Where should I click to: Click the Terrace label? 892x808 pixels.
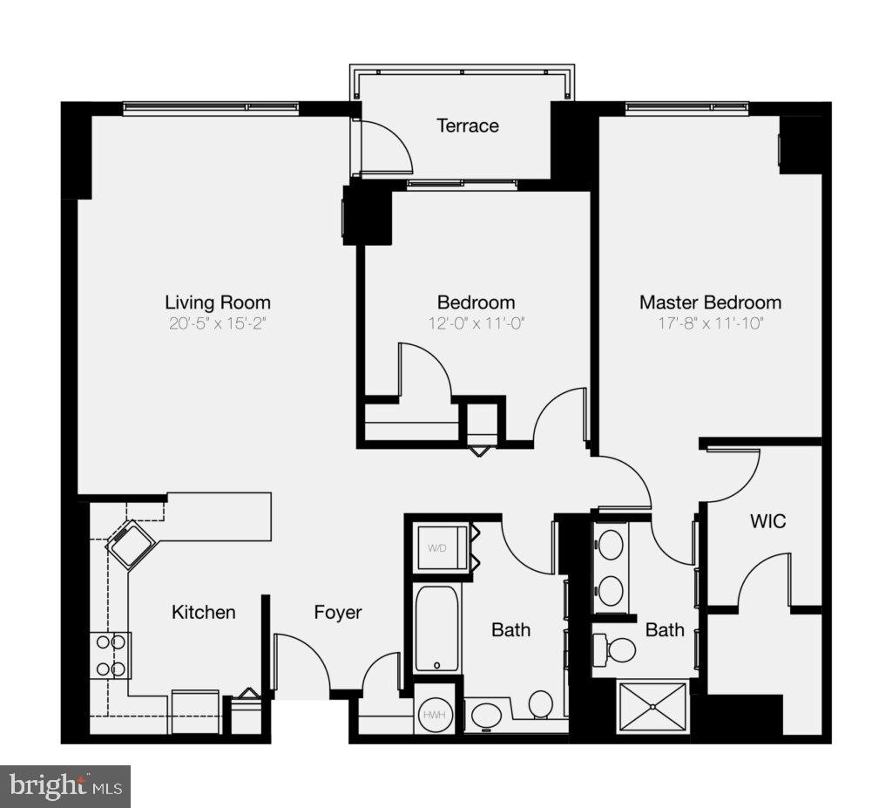point(468,126)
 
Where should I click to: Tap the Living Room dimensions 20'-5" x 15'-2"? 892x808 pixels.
point(218,324)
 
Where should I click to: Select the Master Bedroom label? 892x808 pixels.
point(710,302)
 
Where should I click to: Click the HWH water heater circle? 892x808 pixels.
point(433,715)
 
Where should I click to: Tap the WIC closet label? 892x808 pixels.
point(767,521)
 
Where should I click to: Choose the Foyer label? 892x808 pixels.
point(338,613)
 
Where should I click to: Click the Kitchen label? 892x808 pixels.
point(203,613)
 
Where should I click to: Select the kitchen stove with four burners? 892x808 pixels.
point(111,655)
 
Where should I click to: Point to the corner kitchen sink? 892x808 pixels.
point(131,545)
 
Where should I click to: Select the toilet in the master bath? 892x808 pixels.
point(618,649)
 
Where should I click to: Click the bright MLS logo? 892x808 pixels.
point(65,786)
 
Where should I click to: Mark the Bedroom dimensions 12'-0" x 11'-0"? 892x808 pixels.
point(476,324)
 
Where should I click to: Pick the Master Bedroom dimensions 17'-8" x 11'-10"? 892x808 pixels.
point(710,324)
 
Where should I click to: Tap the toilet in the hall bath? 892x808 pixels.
point(540,703)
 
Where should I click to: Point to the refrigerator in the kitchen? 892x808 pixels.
point(195,711)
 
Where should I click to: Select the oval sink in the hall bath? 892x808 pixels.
point(484,716)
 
